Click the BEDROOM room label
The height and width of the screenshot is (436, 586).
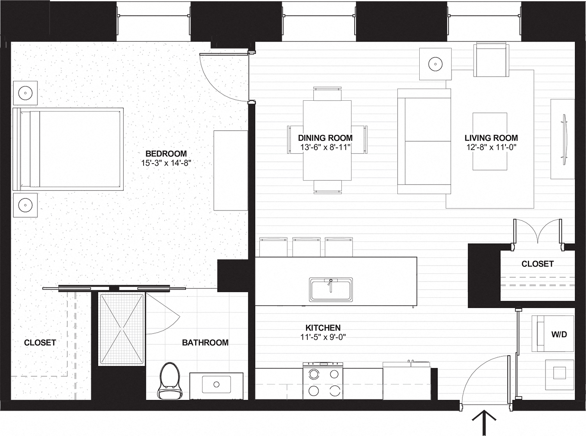(166, 154)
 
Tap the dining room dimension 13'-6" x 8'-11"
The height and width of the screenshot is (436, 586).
(325, 148)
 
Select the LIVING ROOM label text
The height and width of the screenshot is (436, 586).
(491, 138)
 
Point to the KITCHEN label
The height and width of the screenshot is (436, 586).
(323, 328)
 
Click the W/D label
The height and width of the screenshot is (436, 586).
(559, 334)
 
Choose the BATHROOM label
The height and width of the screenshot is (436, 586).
(205, 343)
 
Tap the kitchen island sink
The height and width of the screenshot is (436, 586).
(330, 290)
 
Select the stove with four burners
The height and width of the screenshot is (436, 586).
(323, 381)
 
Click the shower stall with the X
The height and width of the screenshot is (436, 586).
(122, 329)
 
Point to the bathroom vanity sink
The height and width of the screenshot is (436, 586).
(216, 384)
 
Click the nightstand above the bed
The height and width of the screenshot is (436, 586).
(25, 93)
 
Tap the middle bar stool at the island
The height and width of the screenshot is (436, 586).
(306, 247)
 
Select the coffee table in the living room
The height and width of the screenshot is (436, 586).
(489, 142)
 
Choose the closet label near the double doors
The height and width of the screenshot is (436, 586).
(537, 264)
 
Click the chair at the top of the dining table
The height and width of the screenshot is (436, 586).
(327, 93)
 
